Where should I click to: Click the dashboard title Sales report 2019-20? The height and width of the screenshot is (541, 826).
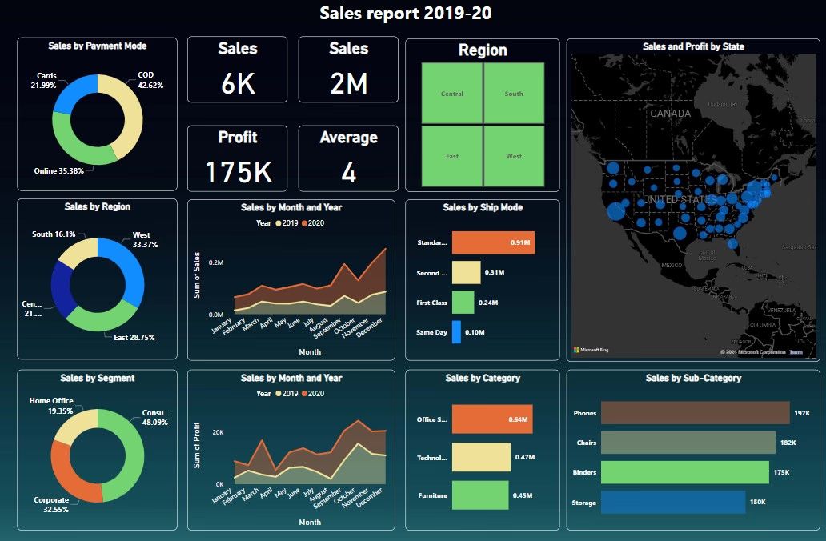[412, 14]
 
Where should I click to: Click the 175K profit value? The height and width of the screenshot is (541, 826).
[238, 172]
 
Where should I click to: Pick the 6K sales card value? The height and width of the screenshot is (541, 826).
[238, 82]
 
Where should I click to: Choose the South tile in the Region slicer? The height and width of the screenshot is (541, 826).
[514, 94]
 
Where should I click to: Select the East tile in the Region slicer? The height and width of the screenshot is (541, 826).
[452, 156]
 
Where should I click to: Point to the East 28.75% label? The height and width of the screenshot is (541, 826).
[129, 338]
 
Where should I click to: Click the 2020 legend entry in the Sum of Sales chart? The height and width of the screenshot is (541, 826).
[313, 222]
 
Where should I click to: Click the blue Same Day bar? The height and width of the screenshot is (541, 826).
[456, 332]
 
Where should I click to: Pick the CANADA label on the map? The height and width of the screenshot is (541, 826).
[670, 114]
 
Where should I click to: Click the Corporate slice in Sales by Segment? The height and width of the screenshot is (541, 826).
[72, 472]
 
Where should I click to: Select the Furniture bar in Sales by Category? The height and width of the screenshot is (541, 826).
[480, 495]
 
